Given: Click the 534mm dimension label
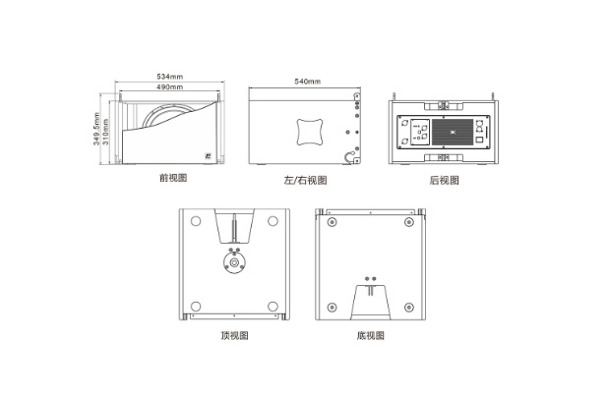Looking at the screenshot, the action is click(170, 77).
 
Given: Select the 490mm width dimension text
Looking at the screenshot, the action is click(170, 87).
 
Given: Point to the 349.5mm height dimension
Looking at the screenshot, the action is click(96, 129).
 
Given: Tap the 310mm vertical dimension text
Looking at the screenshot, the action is click(106, 132).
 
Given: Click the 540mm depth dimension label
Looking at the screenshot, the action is click(308, 82).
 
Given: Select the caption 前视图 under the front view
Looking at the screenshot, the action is click(173, 178).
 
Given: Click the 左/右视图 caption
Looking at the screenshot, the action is click(306, 180).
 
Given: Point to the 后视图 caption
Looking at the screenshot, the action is click(445, 180).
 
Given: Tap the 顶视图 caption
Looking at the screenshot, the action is click(234, 335).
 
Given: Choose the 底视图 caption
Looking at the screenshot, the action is click(371, 335).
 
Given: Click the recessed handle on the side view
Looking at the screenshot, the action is click(310, 132).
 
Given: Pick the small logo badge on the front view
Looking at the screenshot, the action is click(208, 156).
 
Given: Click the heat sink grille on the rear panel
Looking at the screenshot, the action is click(453, 132).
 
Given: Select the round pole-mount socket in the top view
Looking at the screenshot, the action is click(234, 262).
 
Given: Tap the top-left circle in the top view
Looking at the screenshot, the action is click(196, 221).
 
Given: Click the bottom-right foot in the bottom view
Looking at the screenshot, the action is click(409, 308).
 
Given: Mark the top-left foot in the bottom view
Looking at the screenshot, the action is click(332, 222).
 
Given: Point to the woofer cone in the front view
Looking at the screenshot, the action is click(168, 116).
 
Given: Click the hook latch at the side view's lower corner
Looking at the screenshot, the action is click(351, 157).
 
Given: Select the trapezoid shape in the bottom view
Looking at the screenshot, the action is click(371, 303).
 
